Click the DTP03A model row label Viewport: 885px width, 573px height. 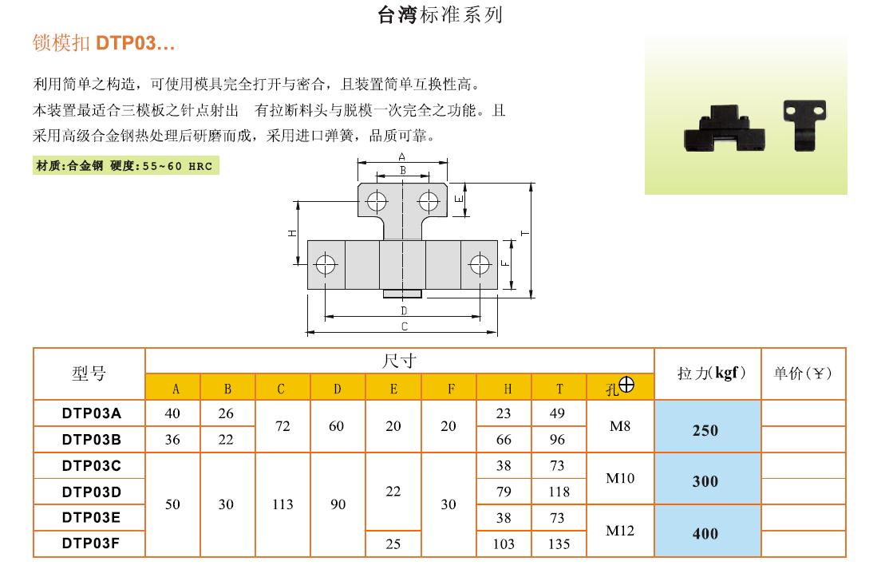(92, 413)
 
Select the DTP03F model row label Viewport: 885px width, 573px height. (92, 543)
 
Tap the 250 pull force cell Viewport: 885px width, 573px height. (705, 430)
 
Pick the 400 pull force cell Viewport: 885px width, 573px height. (705, 533)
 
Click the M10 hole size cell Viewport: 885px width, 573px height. (620, 479)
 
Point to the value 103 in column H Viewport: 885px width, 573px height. (504, 543)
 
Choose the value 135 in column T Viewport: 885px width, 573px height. (559, 543)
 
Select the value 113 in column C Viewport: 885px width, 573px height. (282, 504)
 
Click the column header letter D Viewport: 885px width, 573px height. (338, 389)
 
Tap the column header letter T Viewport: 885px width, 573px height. (559, 389)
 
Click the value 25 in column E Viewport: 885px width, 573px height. (393, 543)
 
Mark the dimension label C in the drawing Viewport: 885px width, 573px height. (404, 326)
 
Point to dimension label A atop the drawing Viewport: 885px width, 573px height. (402, 156)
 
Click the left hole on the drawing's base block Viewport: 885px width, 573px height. (326, 264)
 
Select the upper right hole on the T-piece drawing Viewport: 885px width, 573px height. (429, 201)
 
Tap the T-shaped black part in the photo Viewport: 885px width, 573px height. (804, 124)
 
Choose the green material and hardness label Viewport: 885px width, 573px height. (125, 166)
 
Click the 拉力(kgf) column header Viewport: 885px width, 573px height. (711, 373)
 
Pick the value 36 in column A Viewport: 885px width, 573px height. (172, 439)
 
